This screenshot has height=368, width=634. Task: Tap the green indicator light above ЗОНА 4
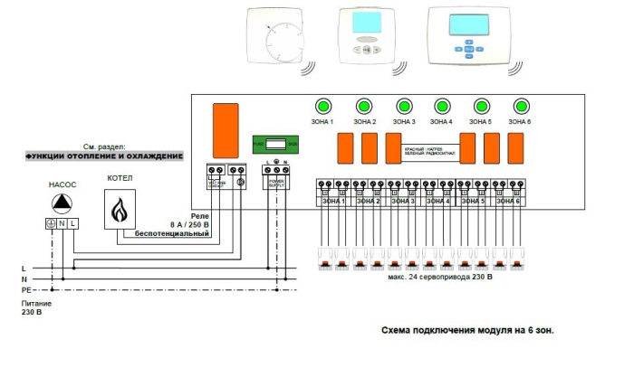tap(441, 105)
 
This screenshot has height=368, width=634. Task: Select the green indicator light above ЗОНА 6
tap(520, 105)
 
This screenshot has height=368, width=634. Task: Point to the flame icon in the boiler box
tap(120, 211)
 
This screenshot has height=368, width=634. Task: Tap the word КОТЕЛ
tap(120, 179)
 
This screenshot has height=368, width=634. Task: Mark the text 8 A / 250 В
tap(187, 223)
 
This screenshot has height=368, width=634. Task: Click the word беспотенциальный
tap(172, 233)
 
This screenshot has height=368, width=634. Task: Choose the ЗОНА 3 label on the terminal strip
tap(406, 201)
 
